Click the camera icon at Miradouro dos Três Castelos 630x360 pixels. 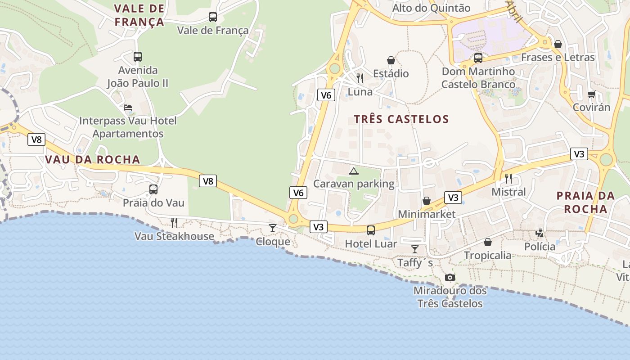click(x=450, y=277)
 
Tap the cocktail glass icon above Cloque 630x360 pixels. click(x=273, y=228)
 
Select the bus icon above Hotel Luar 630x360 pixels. click(x=370, y=230)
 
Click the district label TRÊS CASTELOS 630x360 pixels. click(x=401, y=119)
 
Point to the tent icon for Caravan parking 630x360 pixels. click(x=354, y=171)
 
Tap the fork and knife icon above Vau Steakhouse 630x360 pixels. click(x=174, y=222)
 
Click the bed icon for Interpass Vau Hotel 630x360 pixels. click(x=128, y=108)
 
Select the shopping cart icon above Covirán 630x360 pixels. click(x=591, y=94)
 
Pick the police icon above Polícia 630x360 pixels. click(x=540, y=233)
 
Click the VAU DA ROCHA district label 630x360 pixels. click(x=92, y=160)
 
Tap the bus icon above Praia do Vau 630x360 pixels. click(x=153, y=189)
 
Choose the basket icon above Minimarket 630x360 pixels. click(x=426, y=201)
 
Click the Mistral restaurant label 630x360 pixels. click(x=508, y=192)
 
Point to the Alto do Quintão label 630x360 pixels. click(x=431, y=8)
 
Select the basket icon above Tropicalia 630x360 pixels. click(x=488, y=242)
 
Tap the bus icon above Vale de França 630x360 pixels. click(x=213, y=17)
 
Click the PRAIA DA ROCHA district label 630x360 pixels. click(x=585, y=202)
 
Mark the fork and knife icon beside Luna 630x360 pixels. click(x=360, y=78)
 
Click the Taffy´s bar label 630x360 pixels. click(x=415, y=262)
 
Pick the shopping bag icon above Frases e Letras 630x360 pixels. click(x=558, y=44)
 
